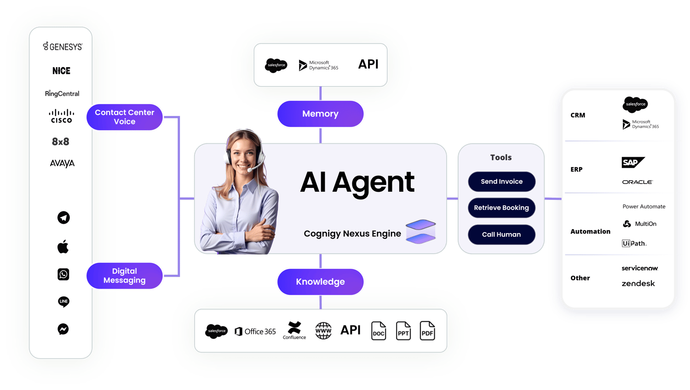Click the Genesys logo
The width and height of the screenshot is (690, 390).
[x=63, y=47]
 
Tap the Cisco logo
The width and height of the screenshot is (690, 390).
[x=62, y=116]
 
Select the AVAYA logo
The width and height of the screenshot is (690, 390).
[x=62, y=163]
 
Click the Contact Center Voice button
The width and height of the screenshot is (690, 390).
[x=125, y=117]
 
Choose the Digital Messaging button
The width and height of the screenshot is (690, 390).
[x=125, y=276]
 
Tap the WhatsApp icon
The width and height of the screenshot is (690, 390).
[x=63, y=274]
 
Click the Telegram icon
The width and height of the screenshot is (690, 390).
[x=63, y=217]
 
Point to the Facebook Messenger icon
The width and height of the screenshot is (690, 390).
[x=63, y=329]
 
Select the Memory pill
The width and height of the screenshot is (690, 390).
[x=320, y=114]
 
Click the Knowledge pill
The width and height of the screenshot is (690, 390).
[x=320, y=281]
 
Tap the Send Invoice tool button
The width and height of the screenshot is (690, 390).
[x=501, y=181]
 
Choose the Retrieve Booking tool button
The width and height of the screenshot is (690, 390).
[x=501, y=208]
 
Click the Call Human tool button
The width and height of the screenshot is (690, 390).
[x=501, y=234]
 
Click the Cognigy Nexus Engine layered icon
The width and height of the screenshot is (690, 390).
[x=420, y=231]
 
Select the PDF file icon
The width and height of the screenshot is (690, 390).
[x=427, y=331]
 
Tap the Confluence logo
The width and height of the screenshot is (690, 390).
[x=294, y=330]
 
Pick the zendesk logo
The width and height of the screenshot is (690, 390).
[x=638, y=284]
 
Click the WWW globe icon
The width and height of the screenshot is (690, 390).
[x=323, y=331]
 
